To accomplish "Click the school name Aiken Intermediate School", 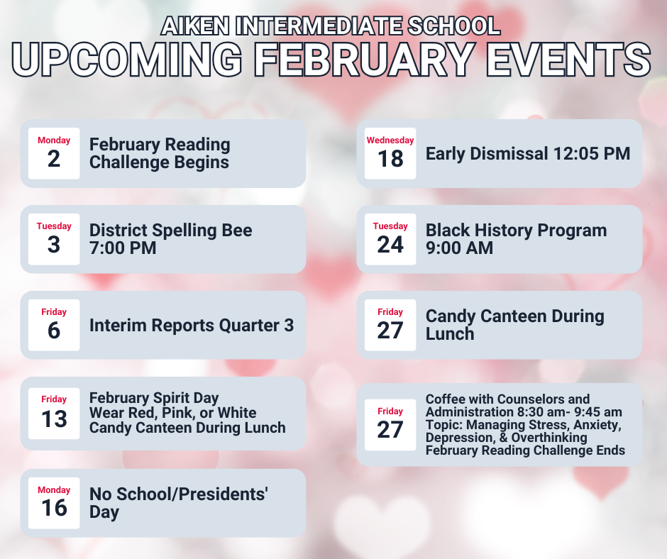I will coord(331,26).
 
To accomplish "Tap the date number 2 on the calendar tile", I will coord(54,158).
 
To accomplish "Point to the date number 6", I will coord(54,330).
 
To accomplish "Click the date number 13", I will coord(54,418).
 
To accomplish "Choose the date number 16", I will coord(54,508).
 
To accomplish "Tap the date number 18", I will coord(390,158).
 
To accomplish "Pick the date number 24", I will coord(390,244).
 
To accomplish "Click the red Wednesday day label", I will coord(390,140).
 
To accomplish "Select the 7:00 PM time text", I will coord(123,248).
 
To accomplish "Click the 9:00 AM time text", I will coord(459,248).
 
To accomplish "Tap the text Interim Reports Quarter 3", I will coord(191,326).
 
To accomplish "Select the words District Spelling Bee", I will coord(170,231).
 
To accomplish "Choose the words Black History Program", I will coord(516,231).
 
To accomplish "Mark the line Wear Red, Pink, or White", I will coord(172,413).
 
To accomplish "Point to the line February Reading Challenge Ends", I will coord(525,450).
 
